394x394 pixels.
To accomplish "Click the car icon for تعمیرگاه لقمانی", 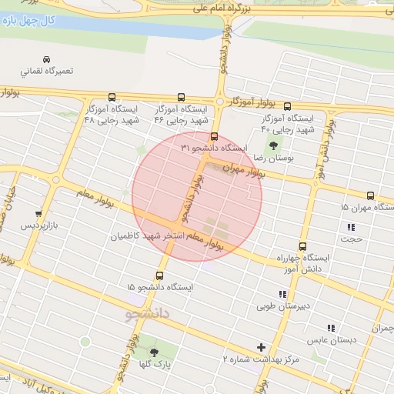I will [x=46, y=59].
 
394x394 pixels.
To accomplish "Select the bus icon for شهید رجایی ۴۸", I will [x=112, y=98].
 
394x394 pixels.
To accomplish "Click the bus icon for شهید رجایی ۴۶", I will [x=181, y=98].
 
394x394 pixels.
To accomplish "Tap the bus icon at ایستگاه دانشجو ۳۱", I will [x=215, y=136].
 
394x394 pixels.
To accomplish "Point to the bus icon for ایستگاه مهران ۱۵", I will [x=371, y=195].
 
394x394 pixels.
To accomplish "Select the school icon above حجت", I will [x=352, y=227].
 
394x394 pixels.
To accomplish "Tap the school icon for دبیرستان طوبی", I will [x=283, y=294].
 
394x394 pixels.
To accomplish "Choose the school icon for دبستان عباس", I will [x=332, y=328].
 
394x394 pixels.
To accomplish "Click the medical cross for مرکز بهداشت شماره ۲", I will [x=262, y=347].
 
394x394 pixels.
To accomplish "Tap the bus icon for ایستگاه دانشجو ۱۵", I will [x=160, y=275].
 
